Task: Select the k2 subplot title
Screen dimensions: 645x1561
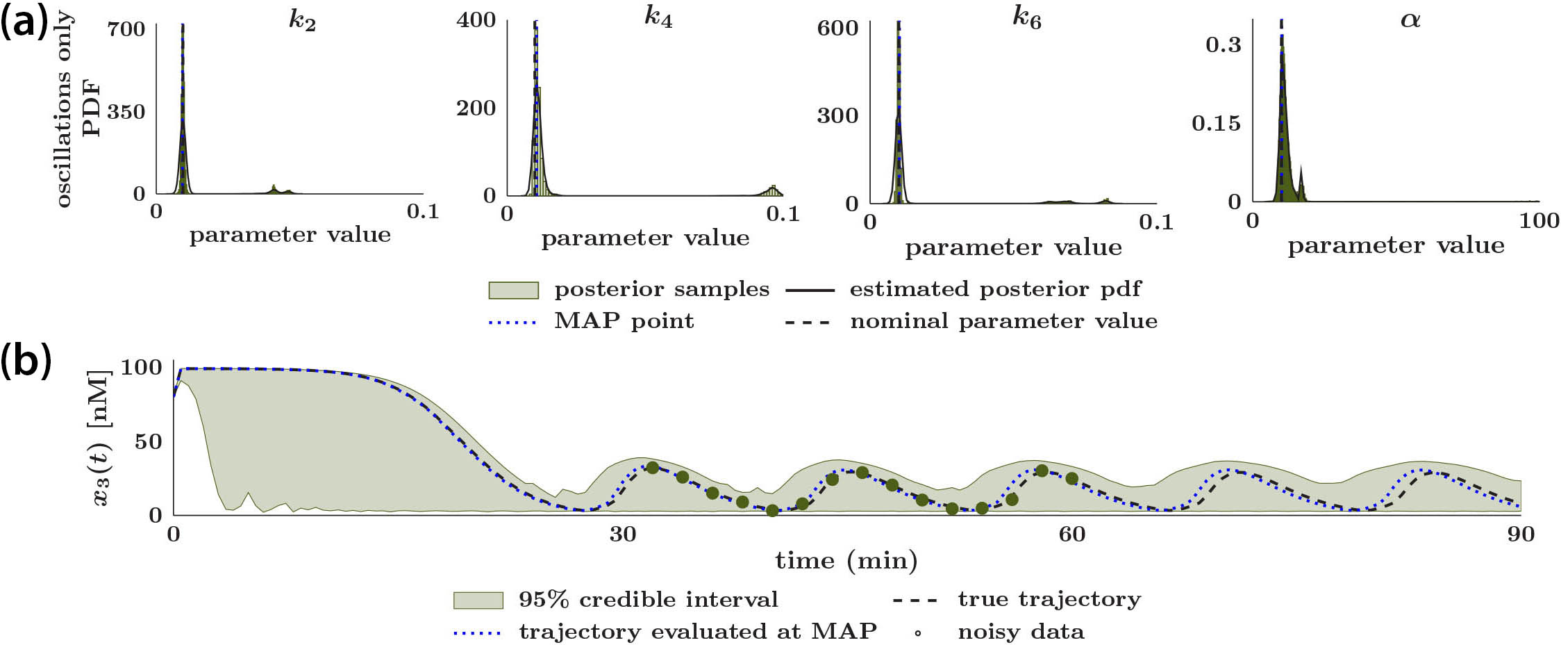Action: coord(303,21)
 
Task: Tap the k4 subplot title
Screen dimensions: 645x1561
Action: coord(658,17)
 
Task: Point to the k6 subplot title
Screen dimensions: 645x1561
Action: coord(1027,18)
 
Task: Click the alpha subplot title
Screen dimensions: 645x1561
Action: coord(1410,19)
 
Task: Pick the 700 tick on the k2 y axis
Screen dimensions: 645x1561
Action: coord(126,28)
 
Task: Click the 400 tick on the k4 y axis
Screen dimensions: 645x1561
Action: coord(476,19)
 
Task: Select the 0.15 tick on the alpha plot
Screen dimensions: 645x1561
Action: coord(1216,124)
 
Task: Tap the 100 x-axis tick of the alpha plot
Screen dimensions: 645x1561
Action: coord(1539,221)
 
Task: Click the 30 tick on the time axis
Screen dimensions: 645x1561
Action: coord(622,534)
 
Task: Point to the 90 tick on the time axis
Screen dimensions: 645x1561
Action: coord(1520,534)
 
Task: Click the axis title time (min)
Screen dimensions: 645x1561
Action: coord(846,560)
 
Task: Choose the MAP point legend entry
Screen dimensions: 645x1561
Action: coord(623,321)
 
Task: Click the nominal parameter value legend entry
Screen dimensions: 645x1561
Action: coord(1003,321)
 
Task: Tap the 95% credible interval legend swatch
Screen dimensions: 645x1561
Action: coord(478,600)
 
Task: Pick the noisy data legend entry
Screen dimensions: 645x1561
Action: coord(1021,632)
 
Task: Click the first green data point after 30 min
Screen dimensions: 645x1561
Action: coord(652,468)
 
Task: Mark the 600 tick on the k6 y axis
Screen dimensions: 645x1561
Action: coord(837,28)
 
